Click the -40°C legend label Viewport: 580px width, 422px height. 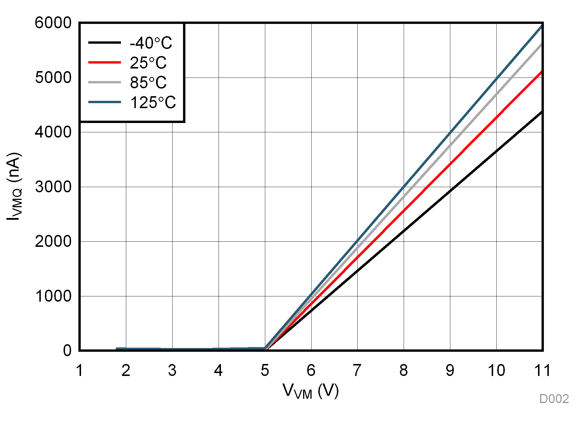pos(151,43)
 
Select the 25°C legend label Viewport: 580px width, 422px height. pos(148,63)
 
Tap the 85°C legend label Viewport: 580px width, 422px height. pos(148,83)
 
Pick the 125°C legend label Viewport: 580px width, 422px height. pos(153,103)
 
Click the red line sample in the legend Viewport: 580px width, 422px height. pos(104,62)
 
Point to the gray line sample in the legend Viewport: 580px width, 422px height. pos(104,82)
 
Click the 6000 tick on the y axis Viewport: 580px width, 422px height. pos(53,23)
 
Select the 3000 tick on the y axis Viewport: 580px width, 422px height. pos(53,187)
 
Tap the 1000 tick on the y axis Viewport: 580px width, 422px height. pos(53,296)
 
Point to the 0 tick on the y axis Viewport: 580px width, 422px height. pos(67,351)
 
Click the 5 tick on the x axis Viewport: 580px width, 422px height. pos(265,370)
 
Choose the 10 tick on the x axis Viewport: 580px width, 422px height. pos(496,370)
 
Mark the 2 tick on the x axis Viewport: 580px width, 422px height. pos(126,370)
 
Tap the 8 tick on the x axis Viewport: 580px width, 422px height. pos(404,370)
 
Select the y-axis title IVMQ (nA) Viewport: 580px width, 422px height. pos(14,187)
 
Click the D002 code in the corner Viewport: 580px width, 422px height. pos(554,399)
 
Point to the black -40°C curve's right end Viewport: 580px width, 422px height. pos(541,112)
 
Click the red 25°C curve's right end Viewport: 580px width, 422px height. pos(541,72)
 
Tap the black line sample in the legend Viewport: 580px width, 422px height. pos(104,43)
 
